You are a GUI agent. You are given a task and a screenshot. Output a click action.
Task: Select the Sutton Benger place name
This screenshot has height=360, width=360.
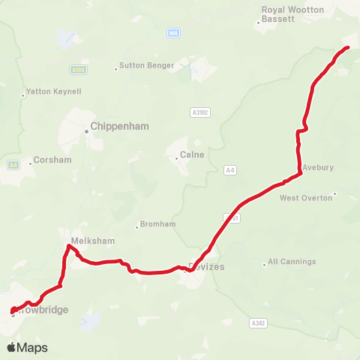click(x=147, y=65)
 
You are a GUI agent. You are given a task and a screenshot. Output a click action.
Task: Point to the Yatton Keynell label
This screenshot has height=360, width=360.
click(x=54, y=91)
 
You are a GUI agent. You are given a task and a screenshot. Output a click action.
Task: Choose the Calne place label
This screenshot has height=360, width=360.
click(x=187, y=156)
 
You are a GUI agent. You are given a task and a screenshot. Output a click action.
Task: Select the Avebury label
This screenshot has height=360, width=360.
click(x=318, y=167)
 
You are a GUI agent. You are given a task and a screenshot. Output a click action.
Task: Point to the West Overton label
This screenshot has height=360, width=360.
click(x=304, y=198)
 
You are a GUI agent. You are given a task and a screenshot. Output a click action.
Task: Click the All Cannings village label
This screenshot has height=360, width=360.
click(x=292, y=262)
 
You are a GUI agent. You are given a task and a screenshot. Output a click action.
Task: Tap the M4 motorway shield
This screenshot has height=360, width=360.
click(x=174, y=33)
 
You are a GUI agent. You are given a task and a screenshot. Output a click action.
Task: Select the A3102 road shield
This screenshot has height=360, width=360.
click(x=199, y=112)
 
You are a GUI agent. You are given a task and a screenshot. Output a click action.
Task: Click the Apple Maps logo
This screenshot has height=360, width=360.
click(x=27, y=347)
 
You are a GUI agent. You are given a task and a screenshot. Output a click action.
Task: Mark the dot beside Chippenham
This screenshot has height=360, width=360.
click(x=86, y=131)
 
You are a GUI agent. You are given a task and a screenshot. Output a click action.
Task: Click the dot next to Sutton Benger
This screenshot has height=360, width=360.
click(x=116, y=69)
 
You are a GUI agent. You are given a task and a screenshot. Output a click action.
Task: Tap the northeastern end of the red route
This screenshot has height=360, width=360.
click(x=349, y=47)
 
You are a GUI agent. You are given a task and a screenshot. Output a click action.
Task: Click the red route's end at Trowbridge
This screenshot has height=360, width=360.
click(x=13, y=311)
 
